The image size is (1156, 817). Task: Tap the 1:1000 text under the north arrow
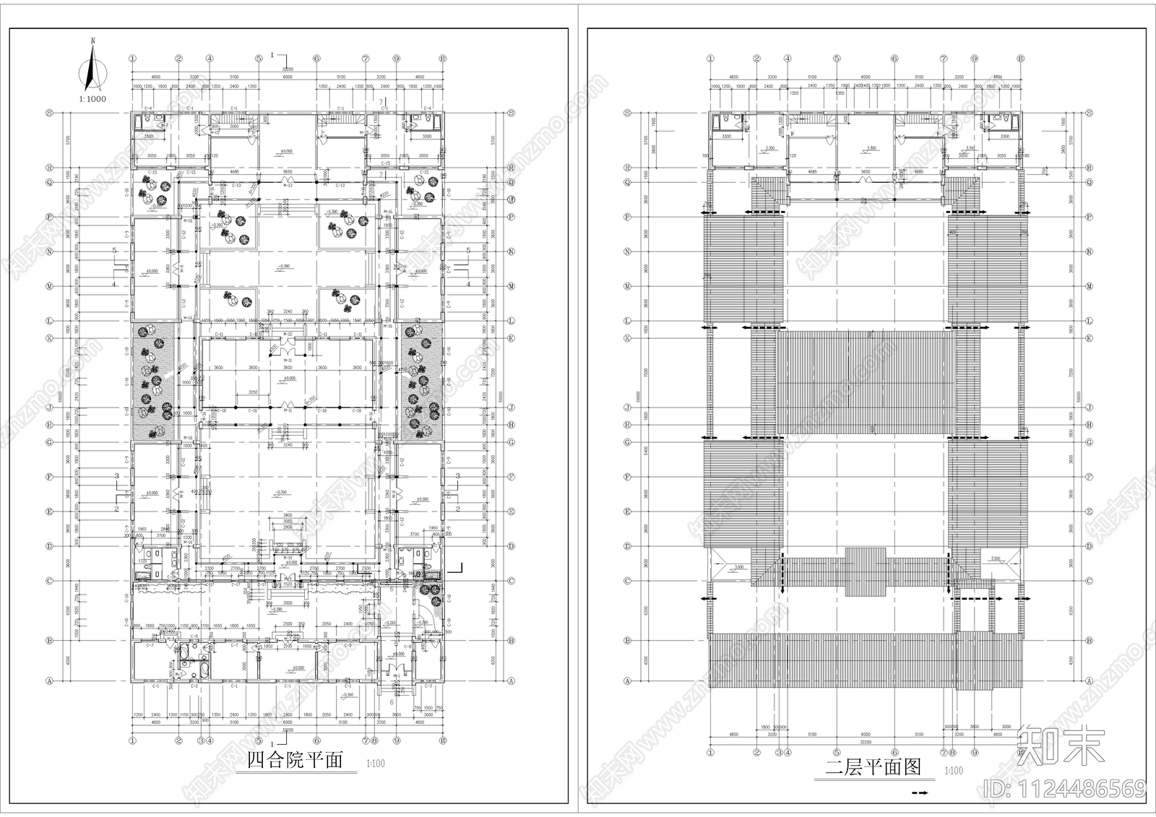[92, 98]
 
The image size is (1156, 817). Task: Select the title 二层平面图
[874, 767]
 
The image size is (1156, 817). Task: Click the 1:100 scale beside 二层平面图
[954, 771]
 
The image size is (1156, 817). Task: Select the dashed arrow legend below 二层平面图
[921, 793]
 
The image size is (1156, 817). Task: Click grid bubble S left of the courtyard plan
[111, 113]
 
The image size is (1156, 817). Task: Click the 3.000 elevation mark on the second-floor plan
[739, 568]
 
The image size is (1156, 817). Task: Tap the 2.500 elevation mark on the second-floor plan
[996, 558]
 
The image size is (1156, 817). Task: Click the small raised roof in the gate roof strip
[865, 571]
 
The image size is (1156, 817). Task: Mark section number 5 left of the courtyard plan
[114, 251]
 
